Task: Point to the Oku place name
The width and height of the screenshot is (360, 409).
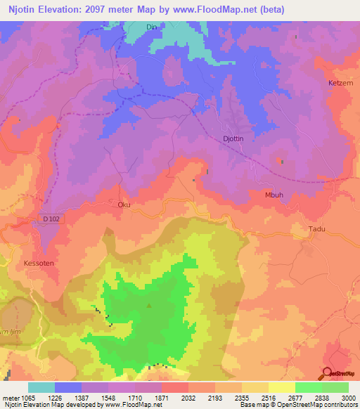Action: (x=124, y=205)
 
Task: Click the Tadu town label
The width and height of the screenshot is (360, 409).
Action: (x=319, y=229)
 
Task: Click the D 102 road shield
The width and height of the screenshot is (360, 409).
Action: (x=51, y=219)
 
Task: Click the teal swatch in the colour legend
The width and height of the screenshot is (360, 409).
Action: (x=41, y=387)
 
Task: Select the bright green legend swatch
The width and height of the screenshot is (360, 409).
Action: (x=308, y=387)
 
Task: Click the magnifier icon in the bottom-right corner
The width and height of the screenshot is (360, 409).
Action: (x=328, y=374)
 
